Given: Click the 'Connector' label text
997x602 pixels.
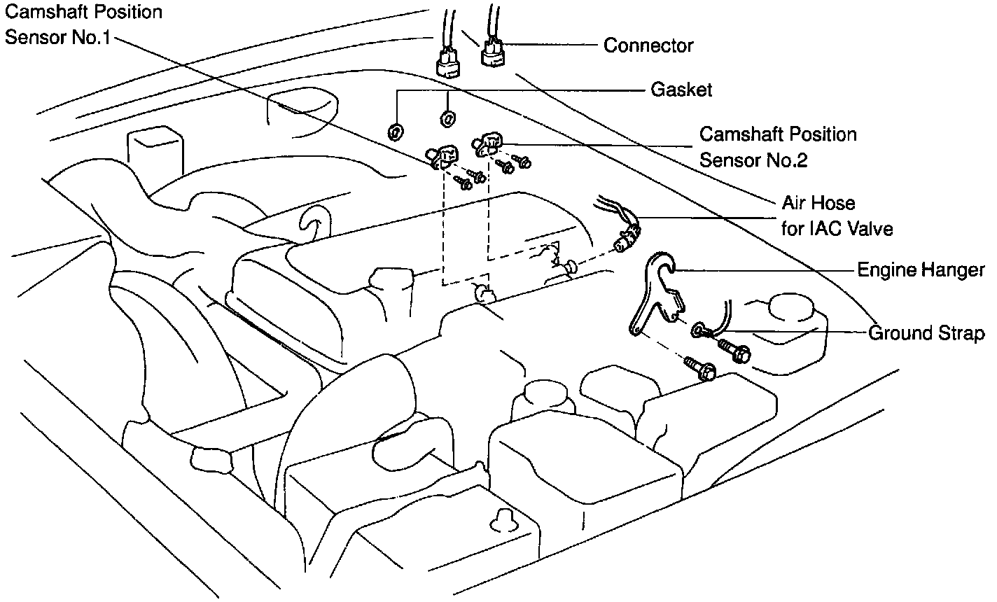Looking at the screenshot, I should (648, 46).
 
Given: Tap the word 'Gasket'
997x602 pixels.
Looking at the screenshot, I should (681, 90).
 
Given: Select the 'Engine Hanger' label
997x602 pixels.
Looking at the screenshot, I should (921, 270).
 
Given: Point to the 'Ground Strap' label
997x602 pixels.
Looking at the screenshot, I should (926, 333).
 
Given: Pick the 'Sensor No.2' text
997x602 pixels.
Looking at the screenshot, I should (753, 160).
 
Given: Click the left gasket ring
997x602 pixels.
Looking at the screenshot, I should (395, 131).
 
